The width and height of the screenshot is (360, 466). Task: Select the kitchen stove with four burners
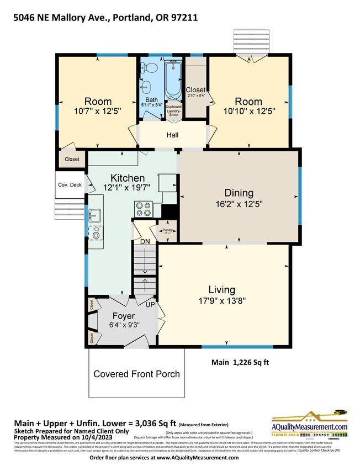144,209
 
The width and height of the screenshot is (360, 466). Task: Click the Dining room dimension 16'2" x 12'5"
239,204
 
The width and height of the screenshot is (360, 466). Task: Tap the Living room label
221,289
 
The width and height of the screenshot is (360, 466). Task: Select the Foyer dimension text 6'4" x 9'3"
124,325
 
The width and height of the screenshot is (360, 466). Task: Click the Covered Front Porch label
136,374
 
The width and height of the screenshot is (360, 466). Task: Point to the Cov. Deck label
70,185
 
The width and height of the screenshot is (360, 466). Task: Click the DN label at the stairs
145,241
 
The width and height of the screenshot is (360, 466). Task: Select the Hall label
172,135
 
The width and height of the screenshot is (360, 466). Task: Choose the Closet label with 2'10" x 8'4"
195,92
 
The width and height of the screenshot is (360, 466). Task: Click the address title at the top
105,18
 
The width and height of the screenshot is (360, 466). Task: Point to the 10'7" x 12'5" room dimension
98,111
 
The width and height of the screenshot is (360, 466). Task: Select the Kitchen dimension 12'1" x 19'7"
128,188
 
